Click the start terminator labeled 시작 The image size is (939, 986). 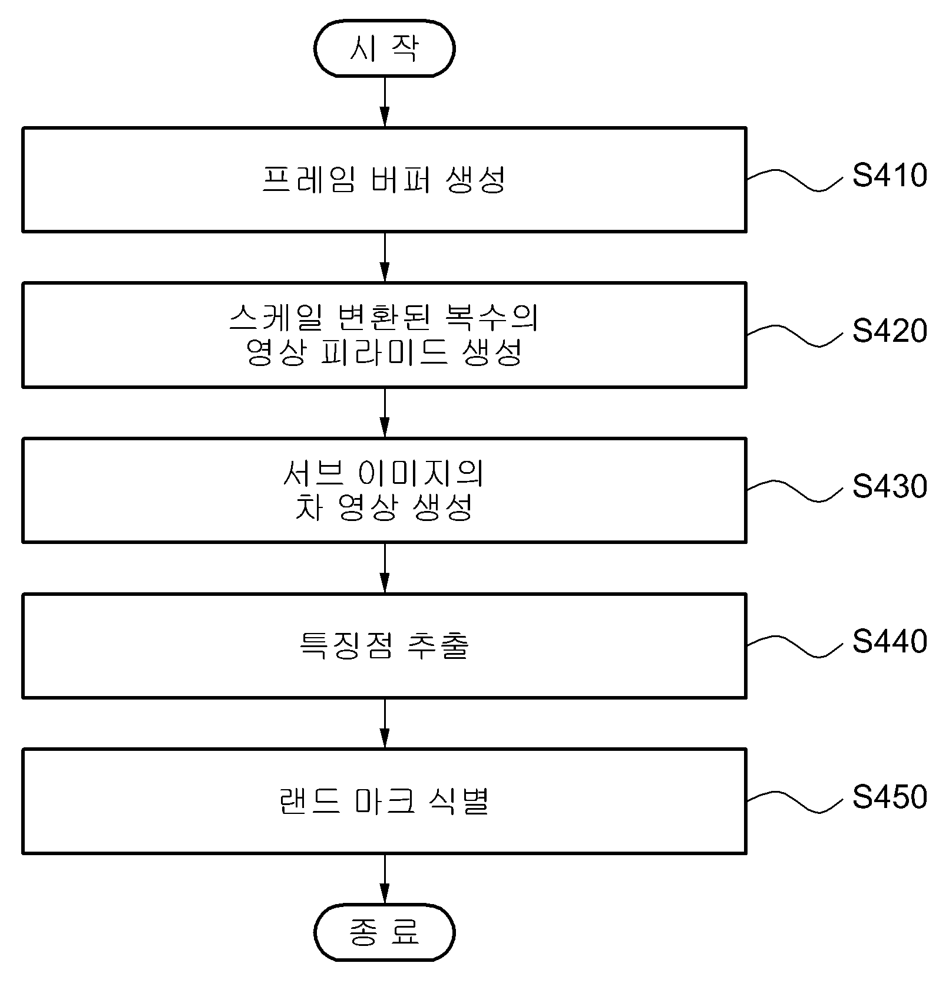[x=384, y=48]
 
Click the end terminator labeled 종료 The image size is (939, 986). [x=384, y=932]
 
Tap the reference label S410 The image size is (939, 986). [x=890, y=176]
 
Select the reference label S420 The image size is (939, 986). [x=890, y=331]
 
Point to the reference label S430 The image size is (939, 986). [x=890, y=487]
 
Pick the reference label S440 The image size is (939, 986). [x=890, y=642]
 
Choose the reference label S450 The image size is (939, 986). [x=890, y=797]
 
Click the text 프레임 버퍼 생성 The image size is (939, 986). [x=384, y=180]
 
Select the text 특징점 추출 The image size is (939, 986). [x=384, y=646]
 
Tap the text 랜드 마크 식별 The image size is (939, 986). [x=384, y=802]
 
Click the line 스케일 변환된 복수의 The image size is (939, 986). [x=384, y=318]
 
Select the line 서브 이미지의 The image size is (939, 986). [x=384, y=473]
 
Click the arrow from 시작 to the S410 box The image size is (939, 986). [x=384, y=102]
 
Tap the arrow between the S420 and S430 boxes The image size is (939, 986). [x=384, y=413]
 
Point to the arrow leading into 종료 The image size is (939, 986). [x=384, y=879]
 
